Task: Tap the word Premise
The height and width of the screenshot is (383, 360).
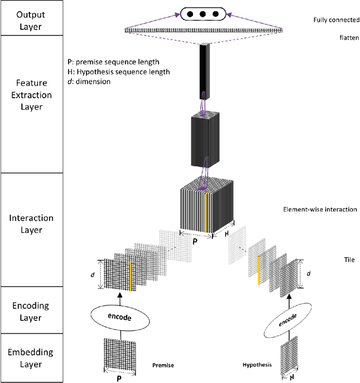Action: [163, 366]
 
